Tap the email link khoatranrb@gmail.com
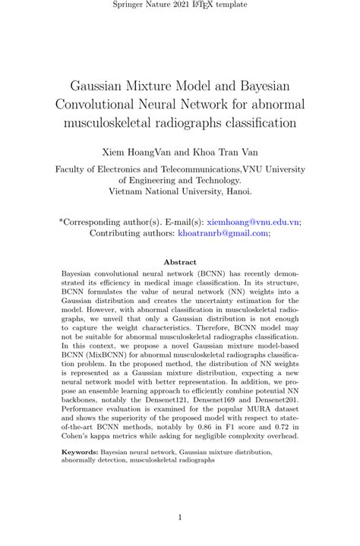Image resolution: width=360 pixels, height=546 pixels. (x=226, y=233)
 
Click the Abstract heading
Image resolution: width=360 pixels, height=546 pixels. (x=180, y=262)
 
